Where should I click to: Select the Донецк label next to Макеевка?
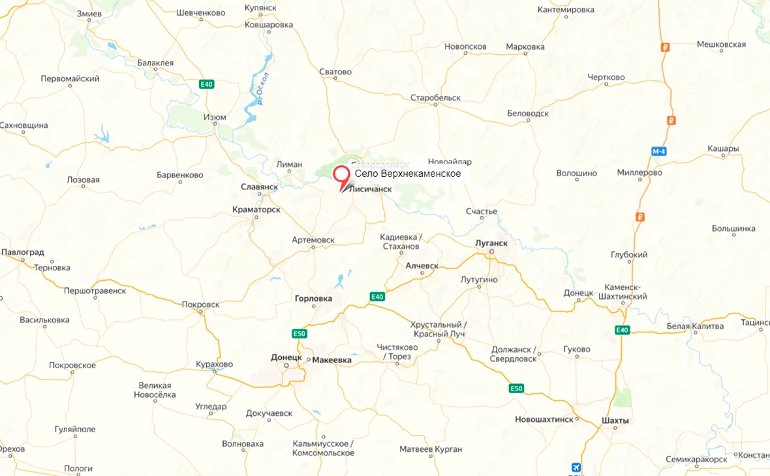pyautogui.click(x=286, y=357)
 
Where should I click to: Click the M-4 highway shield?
pyautogui.click(x=658, y=151)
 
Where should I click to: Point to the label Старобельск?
pyautogui.click(x=435, y=98)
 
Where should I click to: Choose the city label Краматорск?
pyautogui.click(x=256, y=210)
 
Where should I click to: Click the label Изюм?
pyautogui.click(x=215, y=118)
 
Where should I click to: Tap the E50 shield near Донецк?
pyautogui.click(x=299, y=334)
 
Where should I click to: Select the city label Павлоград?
pyautogui.click(x=22, y=252)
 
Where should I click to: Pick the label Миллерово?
pyautogui.click(x=639, y=173)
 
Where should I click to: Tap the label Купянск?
pyautogui.click(x=260, y=8)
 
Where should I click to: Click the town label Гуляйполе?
pyautogui.click(x=74, y=429)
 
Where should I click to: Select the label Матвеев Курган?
pyautogui.click(x=431, y=449)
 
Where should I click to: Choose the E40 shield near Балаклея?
pyautogui.click(x=206, y=84)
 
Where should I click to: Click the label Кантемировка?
pyautogui.click(x=566, y=10)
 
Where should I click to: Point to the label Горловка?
pyautogui.click(x=313, y=298)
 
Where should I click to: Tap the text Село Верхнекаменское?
pyautogui.click(x=408, y=174)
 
